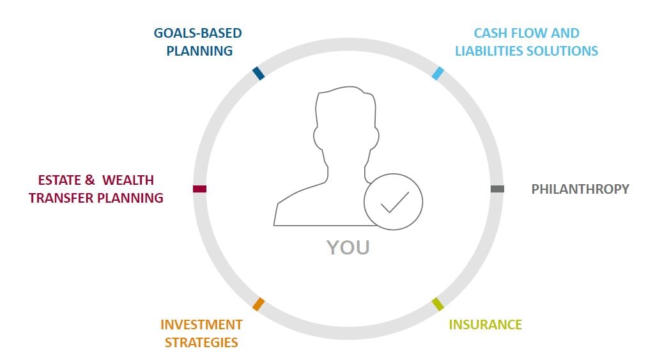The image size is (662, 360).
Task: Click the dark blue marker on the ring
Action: (258, 73)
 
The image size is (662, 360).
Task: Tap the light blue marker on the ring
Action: (438, 73)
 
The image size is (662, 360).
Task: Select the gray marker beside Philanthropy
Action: (497, 189)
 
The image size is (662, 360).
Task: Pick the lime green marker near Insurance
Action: (438, 304)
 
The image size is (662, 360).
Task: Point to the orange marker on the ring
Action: (258, 304)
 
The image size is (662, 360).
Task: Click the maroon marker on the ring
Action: (200, 189)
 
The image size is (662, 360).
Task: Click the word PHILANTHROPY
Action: (580, 189)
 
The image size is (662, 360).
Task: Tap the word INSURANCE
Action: (485, 324)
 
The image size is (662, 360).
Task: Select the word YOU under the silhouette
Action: (348, 247)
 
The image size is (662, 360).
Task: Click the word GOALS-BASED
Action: (197, 33)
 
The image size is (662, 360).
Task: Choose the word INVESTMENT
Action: (201, 324)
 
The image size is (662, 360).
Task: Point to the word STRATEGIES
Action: (201, 342)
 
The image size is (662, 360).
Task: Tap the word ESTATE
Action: (59, 180)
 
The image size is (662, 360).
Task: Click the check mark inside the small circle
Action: (395, 202)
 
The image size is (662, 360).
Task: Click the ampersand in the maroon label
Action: (90, 180)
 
